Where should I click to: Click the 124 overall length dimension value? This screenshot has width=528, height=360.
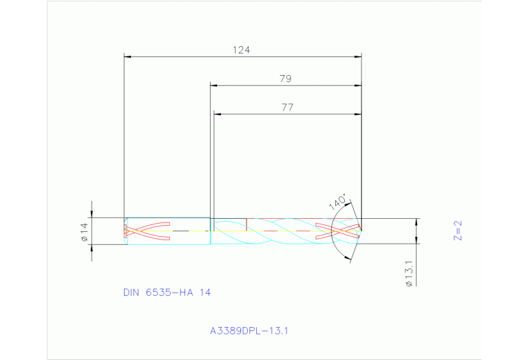click(x=242, y=50)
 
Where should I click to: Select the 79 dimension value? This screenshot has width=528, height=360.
click(x=285, y=79)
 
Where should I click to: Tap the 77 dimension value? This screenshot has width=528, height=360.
click(x=286, y=107)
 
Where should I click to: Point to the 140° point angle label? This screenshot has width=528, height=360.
click(x=337, y=202)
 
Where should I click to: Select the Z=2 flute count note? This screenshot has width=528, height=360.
click(x=458, y=231)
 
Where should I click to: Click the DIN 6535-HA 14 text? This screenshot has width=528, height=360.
click(x=167, y=293)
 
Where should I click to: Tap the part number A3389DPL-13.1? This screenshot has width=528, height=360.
click(x=249, y=330)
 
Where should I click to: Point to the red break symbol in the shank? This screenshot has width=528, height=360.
click(x=146, y=231)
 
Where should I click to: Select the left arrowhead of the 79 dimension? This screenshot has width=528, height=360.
click(x=214, y=85)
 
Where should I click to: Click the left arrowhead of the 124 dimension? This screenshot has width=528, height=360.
click(x=127, y=56)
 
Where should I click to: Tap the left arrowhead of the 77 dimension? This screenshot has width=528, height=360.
click(x=218, y=114)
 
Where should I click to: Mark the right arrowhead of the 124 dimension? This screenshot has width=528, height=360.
click(x=358, y=56)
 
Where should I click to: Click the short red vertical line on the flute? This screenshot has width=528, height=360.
click(x=246, y=224)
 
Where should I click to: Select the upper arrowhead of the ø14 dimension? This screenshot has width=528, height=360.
click(x=92, y=214)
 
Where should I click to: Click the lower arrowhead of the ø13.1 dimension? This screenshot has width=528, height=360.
click(x=416, y=246)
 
